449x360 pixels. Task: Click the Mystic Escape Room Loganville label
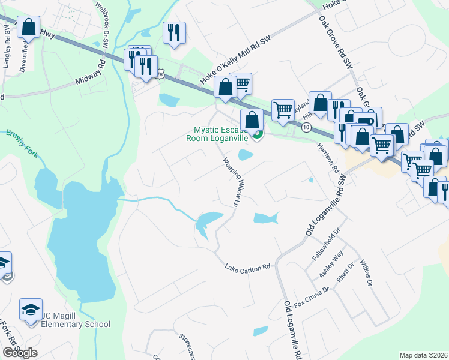click(221, 133)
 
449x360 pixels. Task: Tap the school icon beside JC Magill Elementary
click(31, 310)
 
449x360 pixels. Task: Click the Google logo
click(20, 353)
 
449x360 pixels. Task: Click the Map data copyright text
click(424, 355)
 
